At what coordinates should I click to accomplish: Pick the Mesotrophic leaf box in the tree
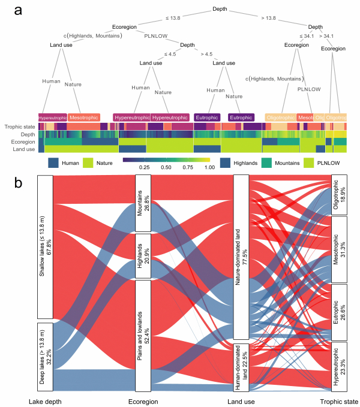click(x=83, y=117)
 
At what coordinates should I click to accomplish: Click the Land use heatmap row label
click(x=26, y=148)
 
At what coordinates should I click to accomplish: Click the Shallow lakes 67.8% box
click(x=45, y=247)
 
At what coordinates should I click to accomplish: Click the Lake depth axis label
click(x=45, y=400)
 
